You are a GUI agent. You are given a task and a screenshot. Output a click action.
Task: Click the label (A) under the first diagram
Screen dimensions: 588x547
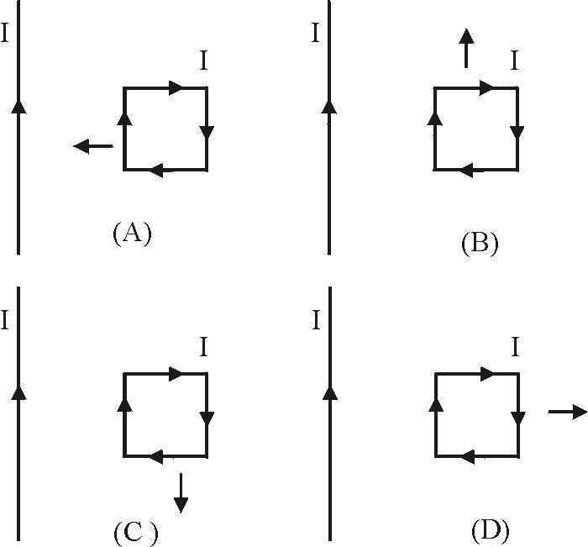pyautogui.click(x=133, y=234)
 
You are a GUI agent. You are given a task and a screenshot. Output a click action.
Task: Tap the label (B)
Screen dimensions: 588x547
pyautogui.click(x=480, y=244)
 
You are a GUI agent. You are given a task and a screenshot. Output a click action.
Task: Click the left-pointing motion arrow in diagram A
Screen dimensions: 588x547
pyautogui.click(x=93, y=146)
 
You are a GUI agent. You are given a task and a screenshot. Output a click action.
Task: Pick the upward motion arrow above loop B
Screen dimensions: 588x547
pyautogui.click(x=466, y=48)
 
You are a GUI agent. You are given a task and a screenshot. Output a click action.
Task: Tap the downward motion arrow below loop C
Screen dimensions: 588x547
pyautogui.click(x=181, y=493)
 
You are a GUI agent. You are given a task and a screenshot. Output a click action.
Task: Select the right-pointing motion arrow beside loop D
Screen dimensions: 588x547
pyautogui.click(x=568, y=412)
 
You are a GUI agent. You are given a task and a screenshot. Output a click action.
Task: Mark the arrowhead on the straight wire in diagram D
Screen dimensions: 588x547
pyautogui.click(x=330, y=392)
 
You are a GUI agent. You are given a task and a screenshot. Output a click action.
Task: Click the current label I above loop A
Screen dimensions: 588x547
pyautogui.click(x=203, y=60)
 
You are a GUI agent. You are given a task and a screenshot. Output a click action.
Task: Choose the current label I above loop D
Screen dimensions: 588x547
pyautogui.click(x=515, y=347)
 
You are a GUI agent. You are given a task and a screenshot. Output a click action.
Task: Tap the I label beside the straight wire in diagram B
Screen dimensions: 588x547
pyautogui.click(x=316, y=33)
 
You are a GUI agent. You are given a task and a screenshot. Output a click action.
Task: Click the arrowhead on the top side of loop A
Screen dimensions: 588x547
pyautogui.click(x=176, y=87)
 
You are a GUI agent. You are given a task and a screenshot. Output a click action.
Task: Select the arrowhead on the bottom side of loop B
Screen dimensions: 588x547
pyautogui.click(x=466, y=171)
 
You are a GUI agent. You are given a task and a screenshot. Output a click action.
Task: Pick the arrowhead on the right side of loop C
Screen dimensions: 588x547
pyautogui.click(x=207, y=418)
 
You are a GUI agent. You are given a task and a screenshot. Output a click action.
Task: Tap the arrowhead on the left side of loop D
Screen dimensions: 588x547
pyautogui.click(x=436, y=405)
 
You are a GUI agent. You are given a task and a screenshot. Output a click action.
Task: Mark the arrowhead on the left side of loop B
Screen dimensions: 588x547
pyautogui.click(x=435, y=118)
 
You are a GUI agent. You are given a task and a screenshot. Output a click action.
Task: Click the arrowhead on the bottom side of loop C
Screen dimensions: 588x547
pyautogui.click(x=157, y=456)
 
